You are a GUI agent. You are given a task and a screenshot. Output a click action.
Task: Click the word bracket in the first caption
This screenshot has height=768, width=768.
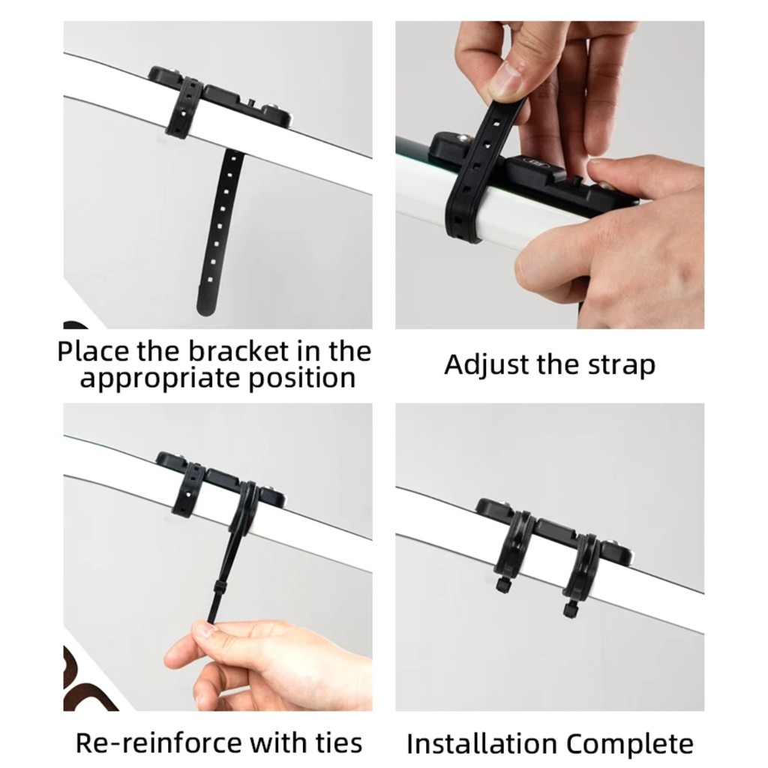pyautogui.click(x=238, y=351)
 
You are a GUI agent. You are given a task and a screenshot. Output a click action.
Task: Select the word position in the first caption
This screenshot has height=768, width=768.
pyautogui.click(x=301, y=379)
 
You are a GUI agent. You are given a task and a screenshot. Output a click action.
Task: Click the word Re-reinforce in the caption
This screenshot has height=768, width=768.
pyautogui.click(x=159, y=742)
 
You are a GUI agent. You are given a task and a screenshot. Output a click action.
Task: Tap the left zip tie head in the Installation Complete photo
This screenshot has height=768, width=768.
pyautogui.click(x=502, y=584)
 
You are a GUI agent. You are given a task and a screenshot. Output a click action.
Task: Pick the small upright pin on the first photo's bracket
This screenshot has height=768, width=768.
pyautogui.click(x=250, y=102)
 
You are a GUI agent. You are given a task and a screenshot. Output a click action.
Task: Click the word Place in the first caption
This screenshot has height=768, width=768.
pyautogui.click(x=93, y=351)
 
